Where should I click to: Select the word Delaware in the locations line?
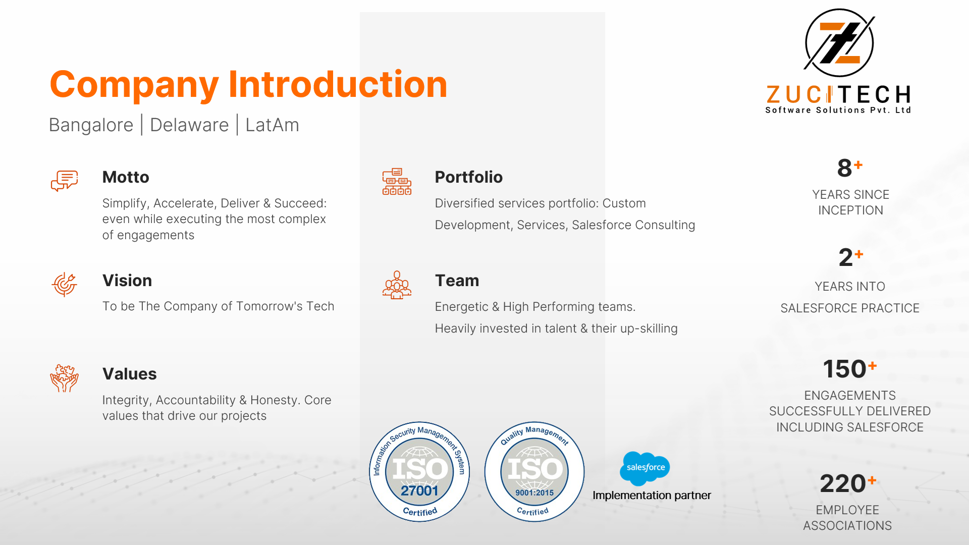tap(189, 125)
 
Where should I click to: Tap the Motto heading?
tap(126, 177)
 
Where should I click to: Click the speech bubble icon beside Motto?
tap(65, 181)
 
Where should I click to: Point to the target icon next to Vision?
tap(64, 284)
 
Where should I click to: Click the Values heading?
tap(130, 374)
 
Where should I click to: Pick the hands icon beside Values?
tap(64, 378)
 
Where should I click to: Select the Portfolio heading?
tap(469, 177)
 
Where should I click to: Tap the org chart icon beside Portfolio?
tap(397, 182)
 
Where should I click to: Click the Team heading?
tap(457, 281)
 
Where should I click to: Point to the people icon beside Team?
tap(397, 285)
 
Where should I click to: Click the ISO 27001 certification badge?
tap(419, 472)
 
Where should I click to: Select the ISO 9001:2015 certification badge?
tap(534, 472)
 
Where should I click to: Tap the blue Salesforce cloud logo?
tap(645, 468)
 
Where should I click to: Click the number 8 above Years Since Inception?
tap(844, 168)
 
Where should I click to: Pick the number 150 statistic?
tap(844, 369)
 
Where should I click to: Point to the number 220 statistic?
tap(843, 483)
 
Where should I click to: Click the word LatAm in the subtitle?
tap(273, 125)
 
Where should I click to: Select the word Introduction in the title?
tap(338, 84)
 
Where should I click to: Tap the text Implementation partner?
tap(652, 496)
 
